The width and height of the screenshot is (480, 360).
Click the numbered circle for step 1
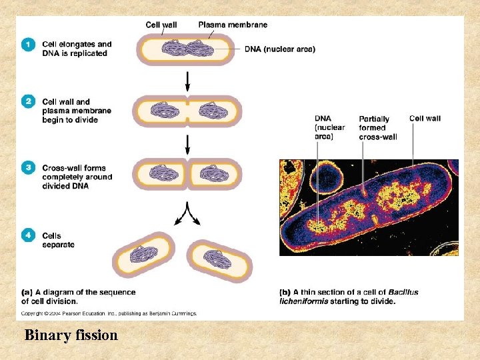[x=28, y=44]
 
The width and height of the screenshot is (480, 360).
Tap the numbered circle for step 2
[x=28, y=101]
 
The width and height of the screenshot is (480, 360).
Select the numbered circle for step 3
[x=28, y=168]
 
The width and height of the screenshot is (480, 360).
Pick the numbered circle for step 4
[x=28, y=235]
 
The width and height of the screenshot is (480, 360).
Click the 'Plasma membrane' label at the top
[x=233, y=25]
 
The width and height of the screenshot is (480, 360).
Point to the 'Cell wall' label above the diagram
[x=162, y=25]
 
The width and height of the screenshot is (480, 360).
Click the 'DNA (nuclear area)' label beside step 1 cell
[x=280, y=49]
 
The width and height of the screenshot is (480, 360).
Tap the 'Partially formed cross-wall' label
[x=377, y=127]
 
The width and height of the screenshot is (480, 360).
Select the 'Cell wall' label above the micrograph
[x=425, y=118]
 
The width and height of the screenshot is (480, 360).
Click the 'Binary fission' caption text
[x=71, y=335]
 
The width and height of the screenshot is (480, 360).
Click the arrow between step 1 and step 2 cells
[x=187, y=80]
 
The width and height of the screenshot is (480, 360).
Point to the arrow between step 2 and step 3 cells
[x=187, y=143]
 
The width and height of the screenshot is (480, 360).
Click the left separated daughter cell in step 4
[x=143, y=255]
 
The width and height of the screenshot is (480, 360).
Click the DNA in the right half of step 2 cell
[x=215, y=111]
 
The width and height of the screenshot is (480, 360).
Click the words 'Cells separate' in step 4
[x=58, y=240]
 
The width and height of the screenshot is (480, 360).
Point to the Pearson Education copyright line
[x=109, y=313]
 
